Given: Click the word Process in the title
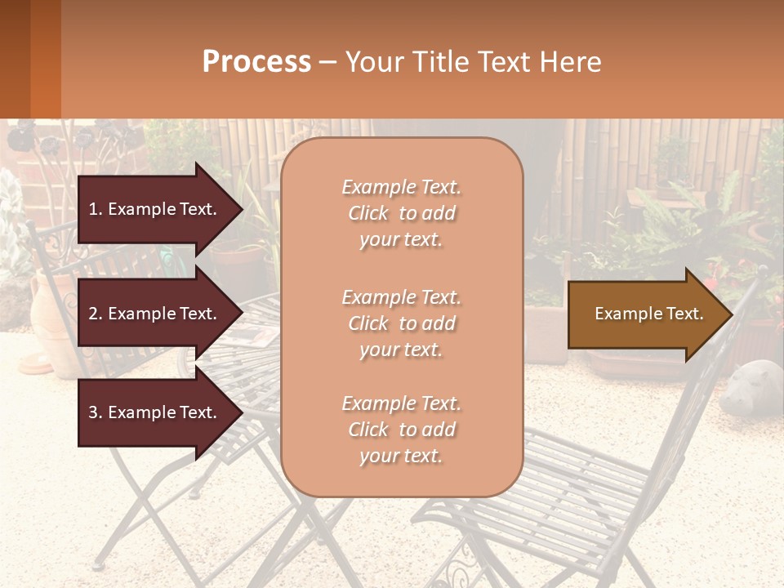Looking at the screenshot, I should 256,62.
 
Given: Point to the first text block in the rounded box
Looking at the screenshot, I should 401,213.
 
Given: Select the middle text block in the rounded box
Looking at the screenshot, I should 401,323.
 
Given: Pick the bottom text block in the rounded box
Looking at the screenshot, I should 401,430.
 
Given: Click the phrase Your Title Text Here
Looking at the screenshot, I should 473,62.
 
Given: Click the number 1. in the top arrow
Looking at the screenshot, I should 96,210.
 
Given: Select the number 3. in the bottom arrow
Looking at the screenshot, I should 96,413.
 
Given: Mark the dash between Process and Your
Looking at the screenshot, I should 327,63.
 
